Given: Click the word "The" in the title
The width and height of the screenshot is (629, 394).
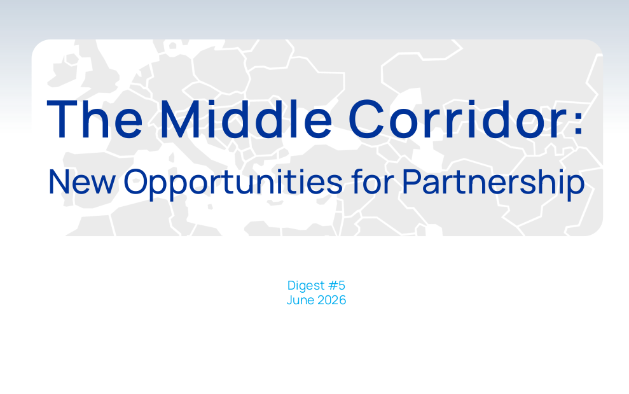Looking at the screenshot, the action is tap(95, 119).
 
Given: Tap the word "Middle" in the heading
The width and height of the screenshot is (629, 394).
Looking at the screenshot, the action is tap(246, 119).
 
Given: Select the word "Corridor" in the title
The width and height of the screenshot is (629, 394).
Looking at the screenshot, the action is tap(458, 119).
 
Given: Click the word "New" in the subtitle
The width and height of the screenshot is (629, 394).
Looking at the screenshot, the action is tap(82, 182).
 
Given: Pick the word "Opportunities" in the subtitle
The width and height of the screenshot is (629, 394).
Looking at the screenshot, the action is tap(233, 184).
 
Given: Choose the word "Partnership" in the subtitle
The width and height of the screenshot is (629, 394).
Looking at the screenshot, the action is tap(494, 184).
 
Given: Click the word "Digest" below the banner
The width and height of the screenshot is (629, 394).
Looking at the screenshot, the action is tap(306, 286).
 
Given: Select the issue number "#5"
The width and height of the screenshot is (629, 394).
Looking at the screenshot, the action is tap(336, 285).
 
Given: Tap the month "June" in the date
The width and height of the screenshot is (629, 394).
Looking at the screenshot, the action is tap(300, 300).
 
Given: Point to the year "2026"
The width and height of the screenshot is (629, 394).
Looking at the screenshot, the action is tap(332, 300).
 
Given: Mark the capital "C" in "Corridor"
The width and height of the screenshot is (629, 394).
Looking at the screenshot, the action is tap(366, 119).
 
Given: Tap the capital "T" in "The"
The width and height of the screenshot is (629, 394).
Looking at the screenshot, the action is tap(62, 119).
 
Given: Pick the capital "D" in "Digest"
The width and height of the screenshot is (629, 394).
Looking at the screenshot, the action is tap(292, 285).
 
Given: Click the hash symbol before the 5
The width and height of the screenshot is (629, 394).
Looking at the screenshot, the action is tap(333, 285).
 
